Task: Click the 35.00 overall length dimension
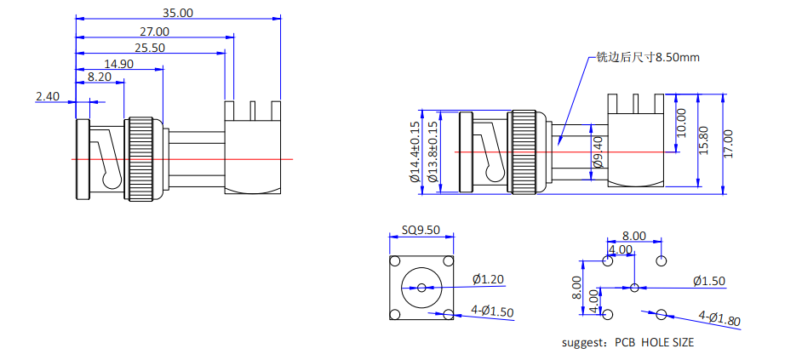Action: pyautogui.click(x=178, y=12)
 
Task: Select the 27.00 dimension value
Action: pyautogui.click(x=154, y=31)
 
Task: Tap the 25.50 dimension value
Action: pyautogui.click(x=149, y=49)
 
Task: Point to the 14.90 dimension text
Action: pyautogui.click(x=118, y=64)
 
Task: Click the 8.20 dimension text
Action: pyautogui.click(x=100, y=77)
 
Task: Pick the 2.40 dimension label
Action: pyautogui.click(x=48, y=96)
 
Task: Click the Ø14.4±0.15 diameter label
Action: pyautogui.click(x=415, y=152)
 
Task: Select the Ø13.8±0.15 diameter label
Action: pyautogui.click(x=433, y=152)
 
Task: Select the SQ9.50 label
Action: pyautogui.click(x=420, y=230)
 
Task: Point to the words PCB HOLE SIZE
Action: pyautogui.click(x=654, y=342)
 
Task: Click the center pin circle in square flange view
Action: pyautogui.click(x=421, y=287)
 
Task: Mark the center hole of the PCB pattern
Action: pyautogui.click(x=634, y=287)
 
